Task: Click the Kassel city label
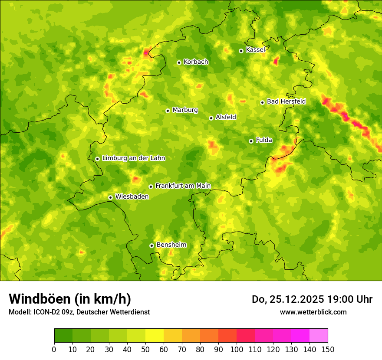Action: tap(255, 50)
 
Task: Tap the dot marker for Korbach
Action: tap(179, 62)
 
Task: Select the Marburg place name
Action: tap(185, 110)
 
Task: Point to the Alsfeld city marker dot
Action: tap(211, 118)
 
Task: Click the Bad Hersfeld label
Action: tap(286, 101)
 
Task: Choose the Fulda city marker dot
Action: tap(251, 141)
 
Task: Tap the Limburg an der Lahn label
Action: tap(134, 158)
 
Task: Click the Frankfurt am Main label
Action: tap(183, 186)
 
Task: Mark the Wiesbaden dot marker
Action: tap(110, 197)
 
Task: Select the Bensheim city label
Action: tap(171, 245)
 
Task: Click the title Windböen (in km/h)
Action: tap(70, 299)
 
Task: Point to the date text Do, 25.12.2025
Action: tap(288, 299)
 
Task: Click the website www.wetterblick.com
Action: tap(313, 312)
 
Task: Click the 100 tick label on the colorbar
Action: tap(237, 349)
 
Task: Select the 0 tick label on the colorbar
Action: tap(54, 349)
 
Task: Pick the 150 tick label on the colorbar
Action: tap(328, 349)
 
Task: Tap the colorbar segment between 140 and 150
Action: tap(319, 336)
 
